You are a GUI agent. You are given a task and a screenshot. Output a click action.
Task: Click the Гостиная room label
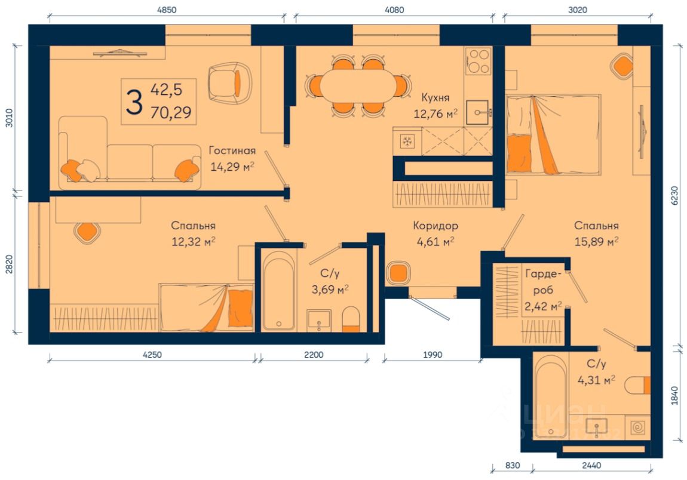click(x=232, y=150)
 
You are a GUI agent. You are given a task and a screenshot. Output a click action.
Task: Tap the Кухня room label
click(x=435, y=97)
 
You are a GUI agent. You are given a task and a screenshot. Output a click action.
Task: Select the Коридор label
click(x=435, y=226)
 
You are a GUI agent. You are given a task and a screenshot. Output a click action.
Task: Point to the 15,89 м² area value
click(x=596, y=241)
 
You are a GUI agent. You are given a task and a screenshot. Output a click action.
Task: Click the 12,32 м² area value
click(x=193, y=241)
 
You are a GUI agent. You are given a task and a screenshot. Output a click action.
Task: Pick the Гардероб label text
click(x=543, y=282)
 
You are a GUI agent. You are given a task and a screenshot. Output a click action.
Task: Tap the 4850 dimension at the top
click(x=167, y=10)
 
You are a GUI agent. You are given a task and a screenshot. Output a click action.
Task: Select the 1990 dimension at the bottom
click(x=433, y=355)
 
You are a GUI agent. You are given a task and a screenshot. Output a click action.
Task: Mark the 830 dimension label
click(x=512, y=465)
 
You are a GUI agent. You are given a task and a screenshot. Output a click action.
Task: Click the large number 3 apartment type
click(x=134, y=101)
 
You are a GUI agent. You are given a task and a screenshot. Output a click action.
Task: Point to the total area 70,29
click(x=171, y=113)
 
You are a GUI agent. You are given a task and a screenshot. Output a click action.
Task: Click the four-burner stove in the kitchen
click(x=478, y=61)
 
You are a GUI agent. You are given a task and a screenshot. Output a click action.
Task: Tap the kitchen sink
click(x=477, y=113)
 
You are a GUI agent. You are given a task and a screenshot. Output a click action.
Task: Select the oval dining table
click(x=358, y=86)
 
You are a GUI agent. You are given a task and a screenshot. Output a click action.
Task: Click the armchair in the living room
click(x=229, y=83)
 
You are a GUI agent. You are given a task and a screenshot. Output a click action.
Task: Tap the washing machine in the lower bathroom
click(x=637, y=427)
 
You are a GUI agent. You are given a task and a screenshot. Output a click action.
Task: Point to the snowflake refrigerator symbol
click(x=407, y=141)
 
